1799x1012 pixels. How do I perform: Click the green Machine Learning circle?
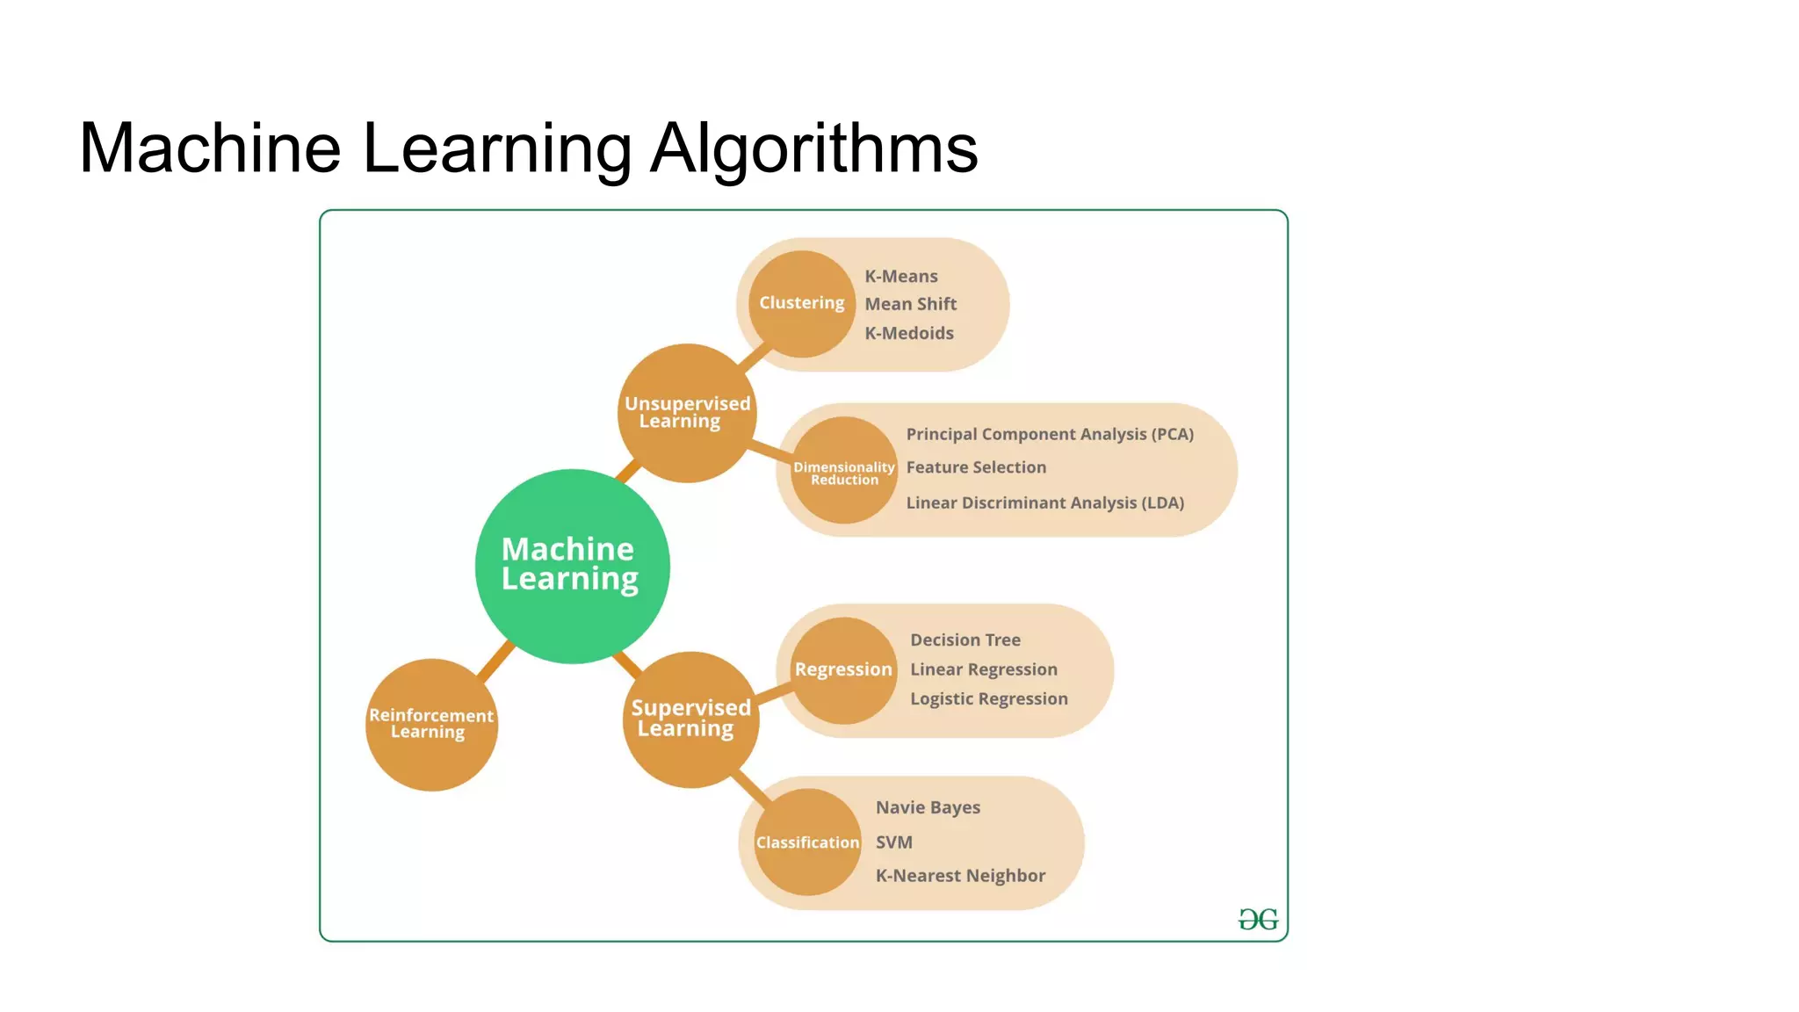coord(572,566)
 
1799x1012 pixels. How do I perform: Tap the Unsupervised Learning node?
coord(687,413)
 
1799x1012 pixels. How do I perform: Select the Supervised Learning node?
coord(690,719)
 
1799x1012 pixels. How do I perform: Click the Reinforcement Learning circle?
coord(431,724)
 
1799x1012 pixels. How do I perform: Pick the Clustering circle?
coord(801,303)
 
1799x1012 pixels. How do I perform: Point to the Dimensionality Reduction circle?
coord(844,472)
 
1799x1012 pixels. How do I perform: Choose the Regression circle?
coord(843,669)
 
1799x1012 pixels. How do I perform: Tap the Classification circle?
coord(807,842)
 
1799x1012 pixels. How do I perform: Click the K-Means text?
coord(901,276)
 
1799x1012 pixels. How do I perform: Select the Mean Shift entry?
coord(911,304)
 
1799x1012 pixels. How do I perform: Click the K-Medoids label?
coord(909,333)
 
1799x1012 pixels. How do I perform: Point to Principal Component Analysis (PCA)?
coord(1050,434)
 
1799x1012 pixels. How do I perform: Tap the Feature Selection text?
coord(976,467)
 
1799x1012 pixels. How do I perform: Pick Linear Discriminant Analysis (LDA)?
coord(1045,502)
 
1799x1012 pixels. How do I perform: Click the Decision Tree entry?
coord(965,640)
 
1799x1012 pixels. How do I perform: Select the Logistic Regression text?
coord(989,698)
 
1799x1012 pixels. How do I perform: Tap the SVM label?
coord(894,842)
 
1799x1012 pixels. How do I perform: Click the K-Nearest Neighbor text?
coord(960,875)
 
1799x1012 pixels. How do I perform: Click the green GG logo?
coord(1258,920)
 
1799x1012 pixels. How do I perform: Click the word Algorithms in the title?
coord(813,148)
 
